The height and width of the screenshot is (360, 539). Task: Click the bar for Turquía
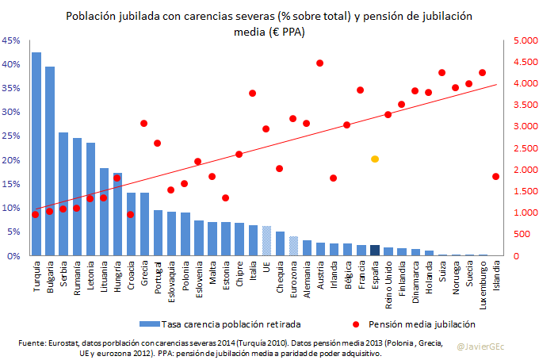(36, 155)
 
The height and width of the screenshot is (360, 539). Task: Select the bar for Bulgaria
(50, 162)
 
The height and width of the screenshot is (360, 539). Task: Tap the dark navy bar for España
(375, 251)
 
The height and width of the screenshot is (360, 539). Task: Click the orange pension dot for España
(375, 159)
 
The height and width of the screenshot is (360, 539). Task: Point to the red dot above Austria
(320, 63)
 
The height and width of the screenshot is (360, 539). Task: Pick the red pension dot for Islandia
(495, 176)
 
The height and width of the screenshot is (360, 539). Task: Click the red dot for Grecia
(143, 123)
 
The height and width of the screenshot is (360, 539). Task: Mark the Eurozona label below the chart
(293, 275)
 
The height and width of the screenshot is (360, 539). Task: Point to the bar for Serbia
(63, 194)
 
